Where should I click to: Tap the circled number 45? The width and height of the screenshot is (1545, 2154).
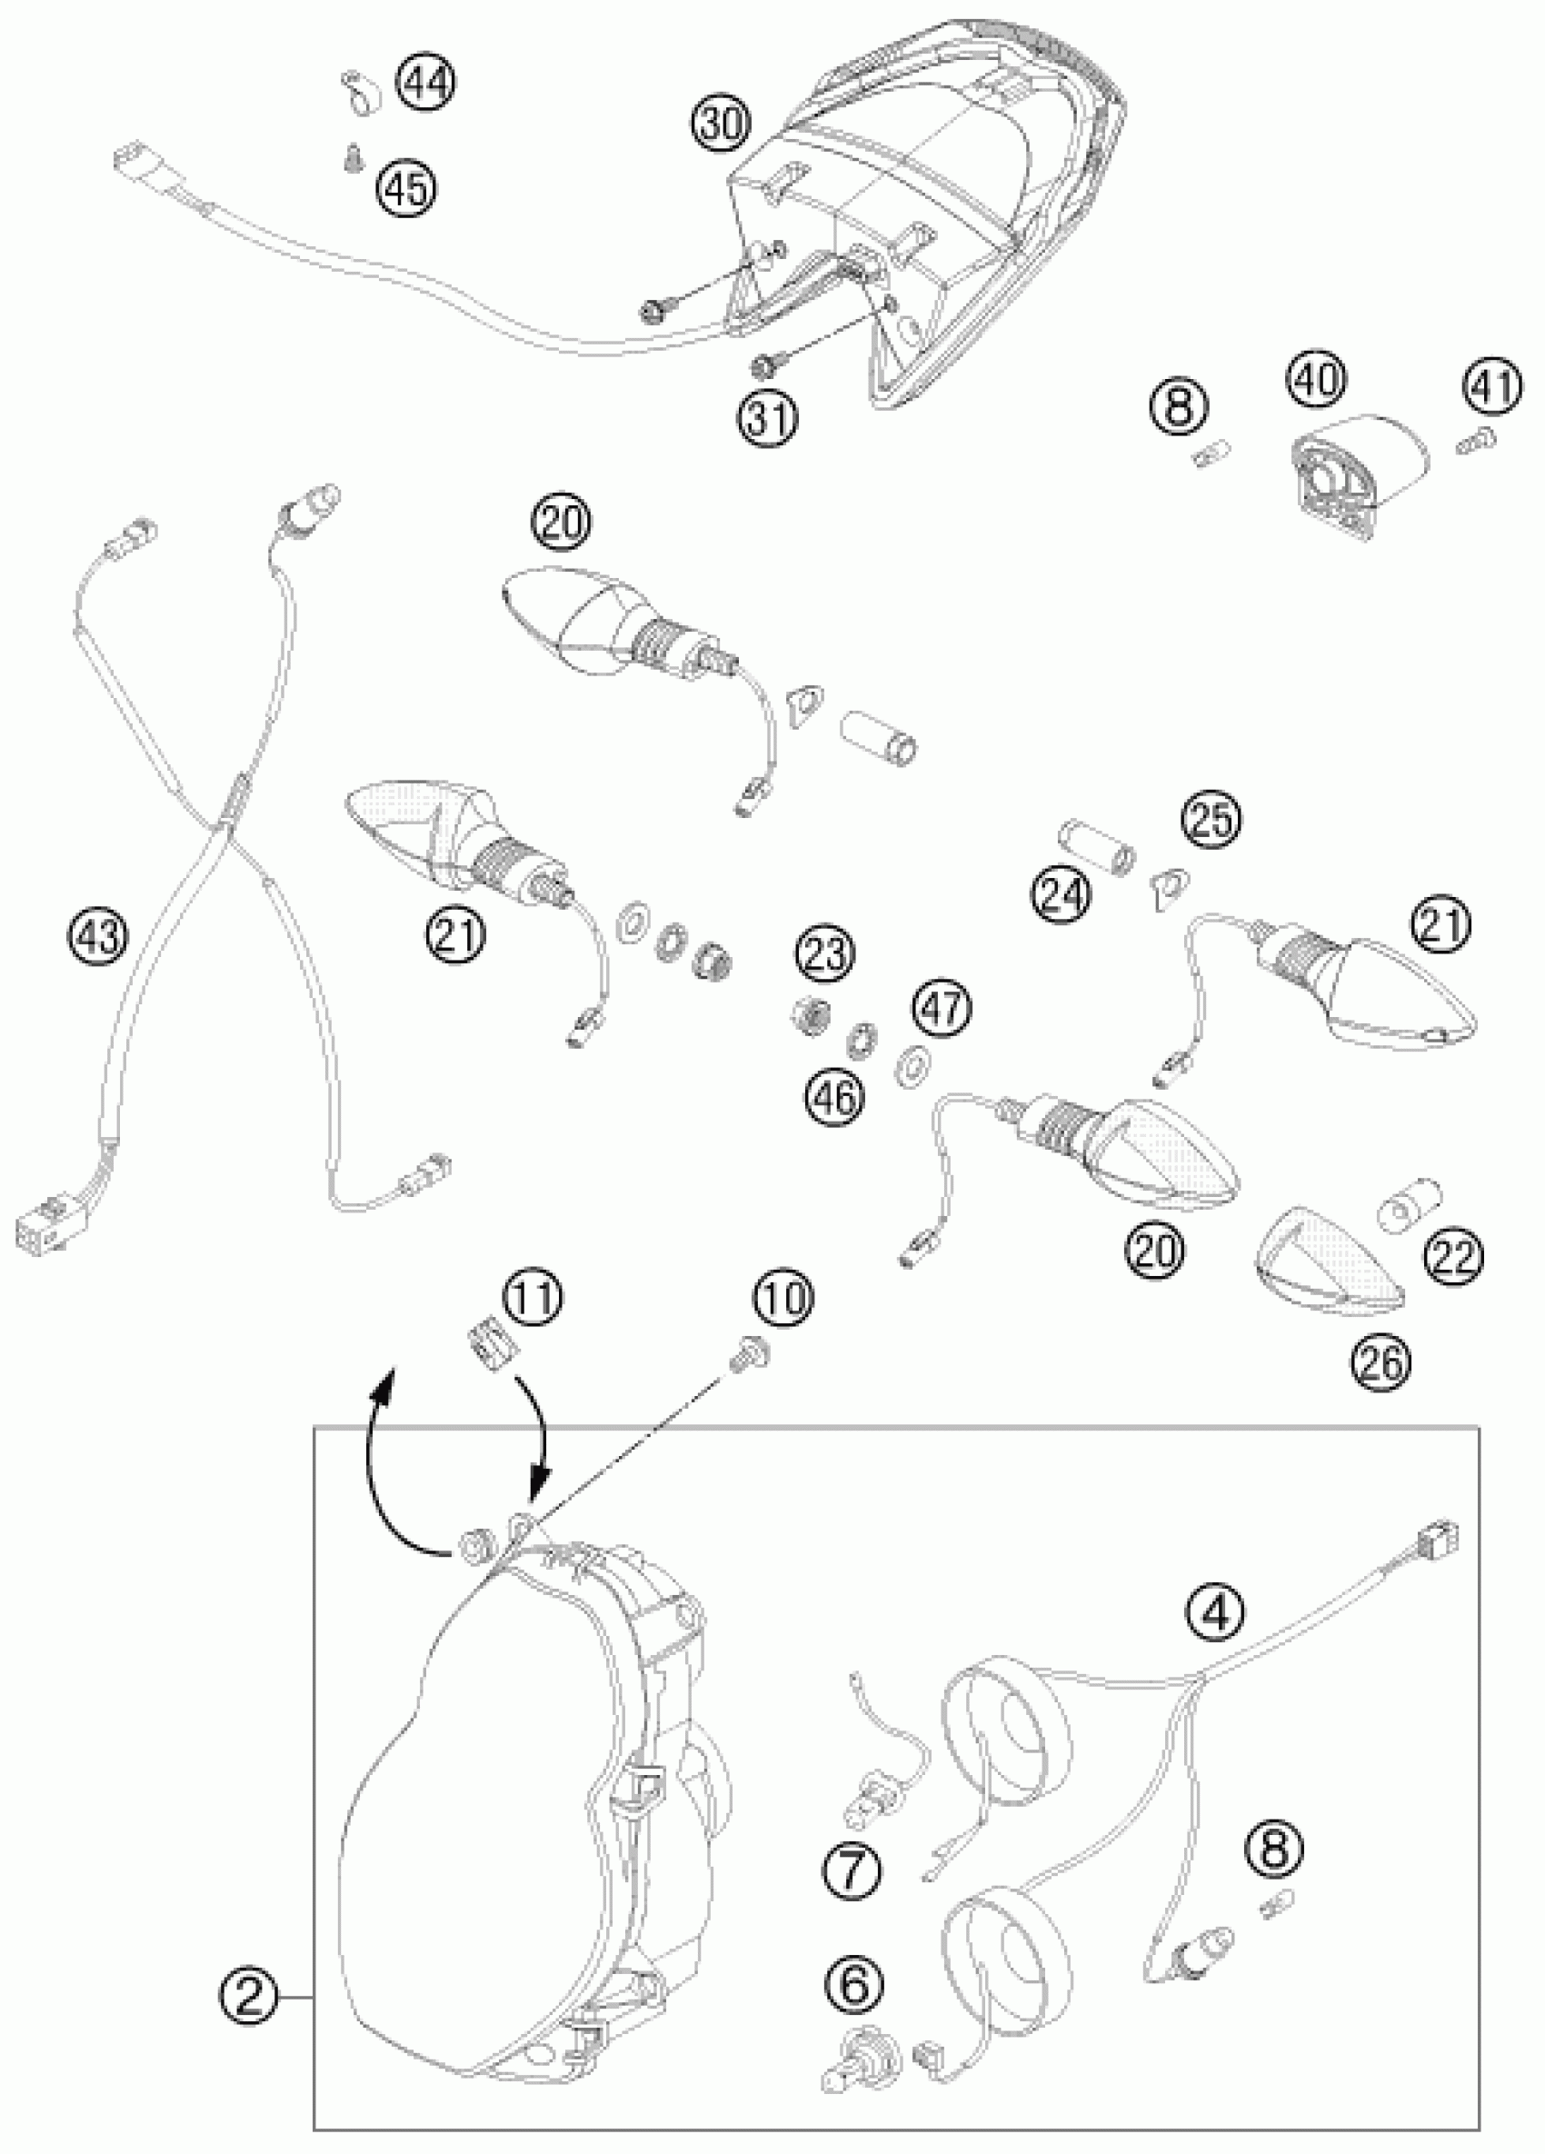(x=406, y=187)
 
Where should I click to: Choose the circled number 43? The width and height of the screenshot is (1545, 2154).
(x=98, y=938)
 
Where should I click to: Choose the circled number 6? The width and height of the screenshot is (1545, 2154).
(x=853, y=1984)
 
